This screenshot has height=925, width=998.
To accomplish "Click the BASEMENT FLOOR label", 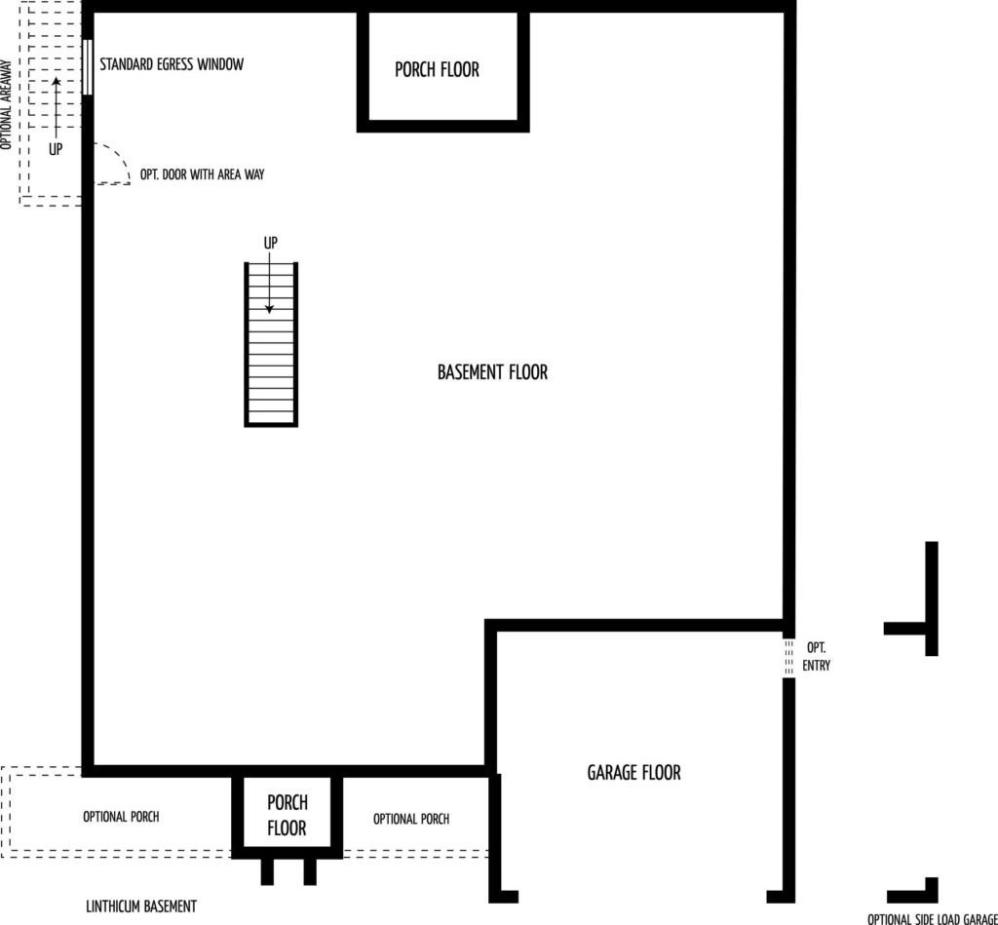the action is [x=492, y=371].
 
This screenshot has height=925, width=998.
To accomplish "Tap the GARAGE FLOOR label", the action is [x=633, y=772].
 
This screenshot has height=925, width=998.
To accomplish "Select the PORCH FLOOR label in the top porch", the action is [x=437, y=69].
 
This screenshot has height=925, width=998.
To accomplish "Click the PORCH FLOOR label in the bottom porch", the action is [x=288, y=815].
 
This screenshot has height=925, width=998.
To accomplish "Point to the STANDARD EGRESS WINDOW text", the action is [x=172, y=64].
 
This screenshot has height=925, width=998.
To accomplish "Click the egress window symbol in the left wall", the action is [x=88, y=67].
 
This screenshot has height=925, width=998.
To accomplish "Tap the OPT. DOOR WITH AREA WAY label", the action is [x=202, y=174].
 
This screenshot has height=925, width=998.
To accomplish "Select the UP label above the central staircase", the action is [x=271, y=243].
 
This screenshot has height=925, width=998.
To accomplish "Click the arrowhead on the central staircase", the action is [x=269, y=309].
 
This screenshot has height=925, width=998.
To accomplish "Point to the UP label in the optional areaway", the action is [x=56, y=149].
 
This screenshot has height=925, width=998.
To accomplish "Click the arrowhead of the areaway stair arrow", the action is [x=56, y=81].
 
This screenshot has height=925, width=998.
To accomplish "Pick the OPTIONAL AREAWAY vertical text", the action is [x=7, y=105].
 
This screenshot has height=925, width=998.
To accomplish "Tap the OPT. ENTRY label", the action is [x=816, y=656].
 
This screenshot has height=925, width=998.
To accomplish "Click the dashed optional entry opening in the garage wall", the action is [x=788, y=658].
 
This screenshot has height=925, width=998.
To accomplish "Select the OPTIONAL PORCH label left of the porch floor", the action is [x=121, y=817].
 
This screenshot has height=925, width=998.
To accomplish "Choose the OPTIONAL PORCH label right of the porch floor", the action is [x=411, y=819].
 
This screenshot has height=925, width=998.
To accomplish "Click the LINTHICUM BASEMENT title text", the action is [x=141, y=906].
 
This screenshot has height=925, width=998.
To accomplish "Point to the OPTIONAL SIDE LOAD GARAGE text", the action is [x=933, y=918].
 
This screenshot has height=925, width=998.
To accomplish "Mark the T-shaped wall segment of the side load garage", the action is [x=931, y=598].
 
